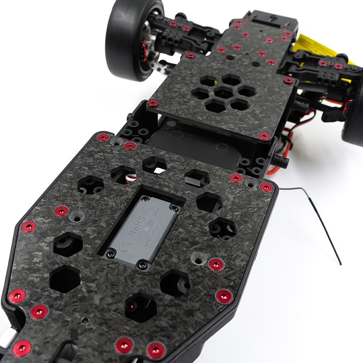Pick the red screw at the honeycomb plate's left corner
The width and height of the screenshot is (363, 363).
click(154, 103)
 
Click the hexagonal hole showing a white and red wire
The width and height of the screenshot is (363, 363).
click(124, 175)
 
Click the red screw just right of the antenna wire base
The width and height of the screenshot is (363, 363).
click(266, 187)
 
